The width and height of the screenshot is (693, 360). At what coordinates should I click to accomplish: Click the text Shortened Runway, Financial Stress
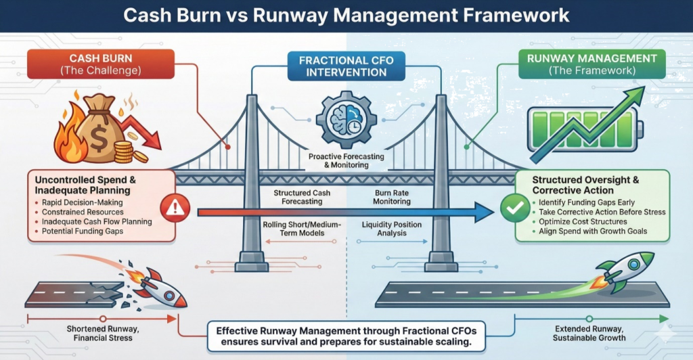point(103,333)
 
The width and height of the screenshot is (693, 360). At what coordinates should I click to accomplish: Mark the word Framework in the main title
point(508,14)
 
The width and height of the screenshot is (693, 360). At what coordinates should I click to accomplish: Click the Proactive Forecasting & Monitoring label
point(346,160)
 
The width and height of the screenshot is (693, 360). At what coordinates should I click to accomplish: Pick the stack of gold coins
point(124,152)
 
